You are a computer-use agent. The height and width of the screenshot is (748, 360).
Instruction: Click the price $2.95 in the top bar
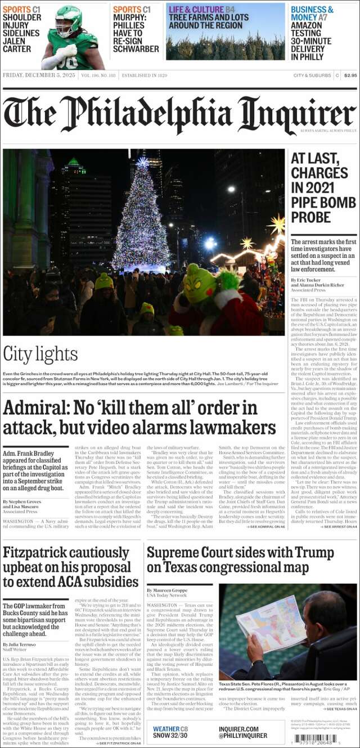tap(350, 75)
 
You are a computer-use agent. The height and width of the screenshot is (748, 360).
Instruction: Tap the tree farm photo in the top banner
tap(225, 45)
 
